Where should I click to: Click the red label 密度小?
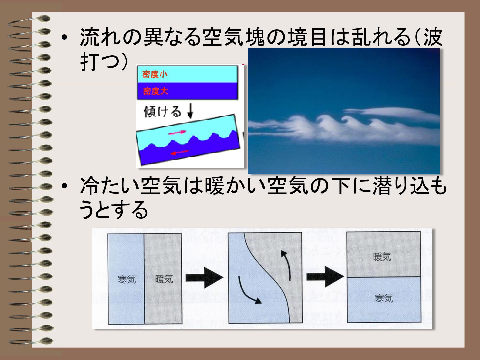click(155, 75)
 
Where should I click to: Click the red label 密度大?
click(155, 91)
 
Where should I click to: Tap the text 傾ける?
click(162, 112)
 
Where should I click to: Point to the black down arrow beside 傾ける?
click(190, 111)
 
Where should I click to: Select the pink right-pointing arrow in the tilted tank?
click(177, 132)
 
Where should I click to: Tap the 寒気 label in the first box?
click(127, 279)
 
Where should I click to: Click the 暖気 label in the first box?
click(164, 279)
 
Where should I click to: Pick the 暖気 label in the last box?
click(382, 257)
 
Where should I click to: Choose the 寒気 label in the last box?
click(384, 298)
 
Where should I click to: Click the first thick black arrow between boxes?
click(204, 278)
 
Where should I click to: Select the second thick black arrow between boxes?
click(325, 277)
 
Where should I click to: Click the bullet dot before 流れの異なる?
click(64, 38)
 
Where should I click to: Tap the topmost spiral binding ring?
click(30, 21)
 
